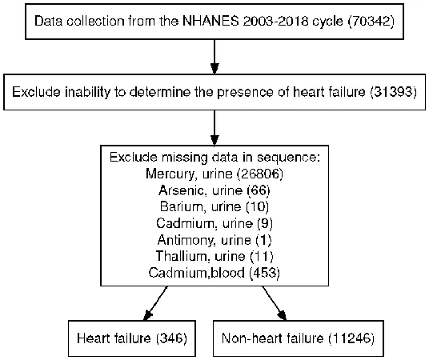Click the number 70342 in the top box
pyautogui.click(x=371, y=21)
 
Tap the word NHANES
pyautogui.click(x=210, y=21)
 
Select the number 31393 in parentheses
pyautogui.click(x=393, y=92)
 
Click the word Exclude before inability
pyautogui.click(x=34, y=92)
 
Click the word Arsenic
pyautogui.click(x=182, y=190)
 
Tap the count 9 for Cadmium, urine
pyautogui.click(x=265, y=223)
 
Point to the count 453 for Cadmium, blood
pyautogui.click(x=265, y=273)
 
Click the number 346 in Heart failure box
pyautogui.click(x=171, y=338)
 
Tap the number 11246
pyautogui.click(x=351, y=338)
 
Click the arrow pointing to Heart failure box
pyautogui.click(x=155, y=303)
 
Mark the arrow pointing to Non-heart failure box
pyautogui.click(x=275, y=303)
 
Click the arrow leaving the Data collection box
pyautogui.click(x=214, y=57)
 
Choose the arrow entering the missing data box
pyautogui.click(x=214, y=128)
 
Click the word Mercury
pyautogui.click(x=171, y=174)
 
